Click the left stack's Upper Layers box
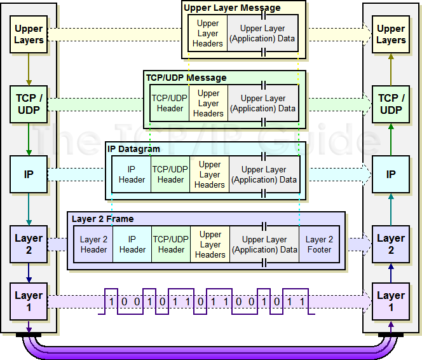point(29,34)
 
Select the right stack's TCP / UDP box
point(391,104)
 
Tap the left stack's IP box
point(29,174)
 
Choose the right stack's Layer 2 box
point(391,244)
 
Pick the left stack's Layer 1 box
point(29,301)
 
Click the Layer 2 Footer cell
point(319,244)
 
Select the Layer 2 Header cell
point(94,244)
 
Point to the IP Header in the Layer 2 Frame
point(132,244)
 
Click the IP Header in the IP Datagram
point(132,174)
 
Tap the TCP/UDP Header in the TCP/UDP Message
point(170,103)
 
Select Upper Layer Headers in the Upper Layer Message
point(208,34)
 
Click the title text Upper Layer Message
point(232,8)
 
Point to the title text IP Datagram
point(133,149)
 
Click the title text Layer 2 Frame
point(102,219)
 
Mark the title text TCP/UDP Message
point(186,78)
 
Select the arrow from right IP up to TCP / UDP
point(391,139)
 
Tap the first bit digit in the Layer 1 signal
point(112,301)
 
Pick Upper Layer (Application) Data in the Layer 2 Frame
point(264,244)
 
